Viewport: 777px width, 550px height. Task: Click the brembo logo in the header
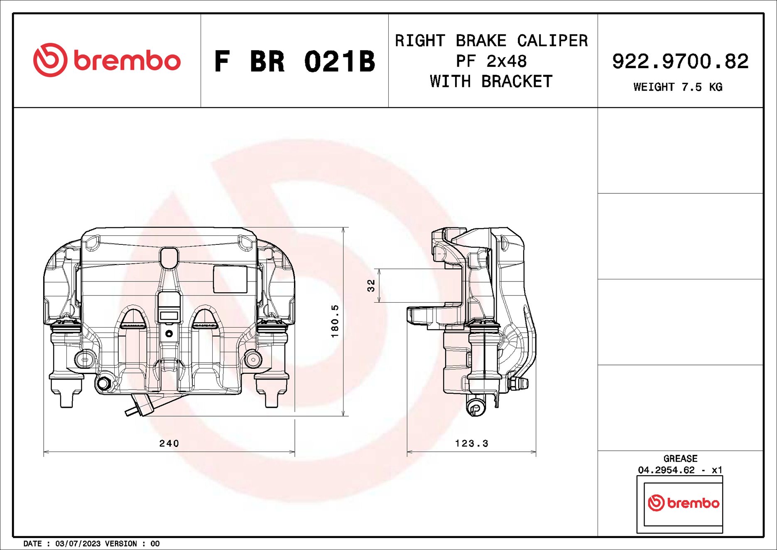tap(107, 60)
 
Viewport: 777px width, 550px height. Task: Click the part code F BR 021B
tap(294, 62)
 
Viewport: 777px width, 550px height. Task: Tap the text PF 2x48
tap(491, 61)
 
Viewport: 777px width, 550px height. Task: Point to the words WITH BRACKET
tap(491, 81)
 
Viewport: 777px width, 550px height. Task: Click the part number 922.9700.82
tap(680, 61)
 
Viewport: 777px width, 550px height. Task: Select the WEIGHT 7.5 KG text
tap(677, 87)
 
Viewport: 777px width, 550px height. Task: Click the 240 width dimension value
tap(169, 443)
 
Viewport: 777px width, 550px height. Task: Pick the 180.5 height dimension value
tap(335, 321)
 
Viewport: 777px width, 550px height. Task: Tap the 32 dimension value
tap(371, 285)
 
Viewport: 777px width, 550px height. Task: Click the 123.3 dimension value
tap(471, 443)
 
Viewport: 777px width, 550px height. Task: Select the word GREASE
tap(680, 459)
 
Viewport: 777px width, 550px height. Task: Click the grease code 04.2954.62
tap(666, 470)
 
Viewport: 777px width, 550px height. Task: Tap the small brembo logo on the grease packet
tap(683, 503)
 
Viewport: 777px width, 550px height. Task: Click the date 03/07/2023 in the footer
tap(78, 543)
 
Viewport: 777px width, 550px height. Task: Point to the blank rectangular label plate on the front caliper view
tap(230, 279)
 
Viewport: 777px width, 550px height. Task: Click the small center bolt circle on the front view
tap(169, 333)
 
